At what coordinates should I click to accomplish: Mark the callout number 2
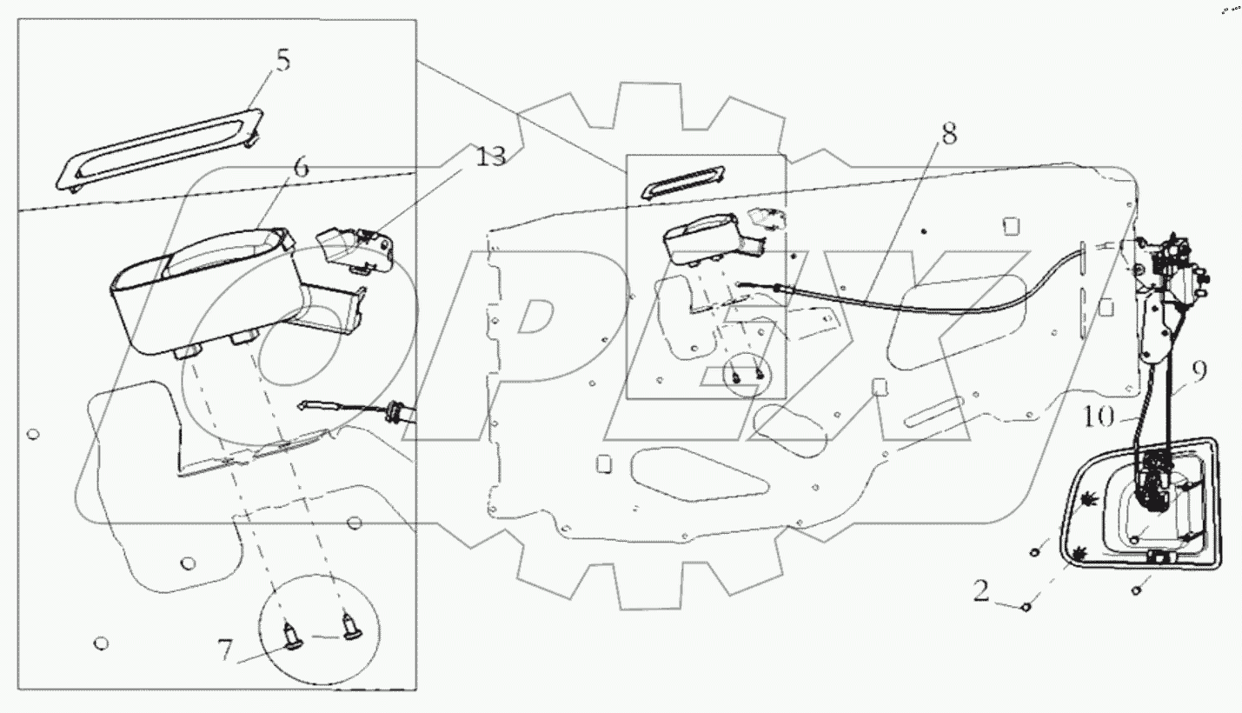point(980,593)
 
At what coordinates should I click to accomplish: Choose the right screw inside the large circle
point(350,623)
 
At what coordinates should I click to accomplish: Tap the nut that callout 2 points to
point(1026,606)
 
